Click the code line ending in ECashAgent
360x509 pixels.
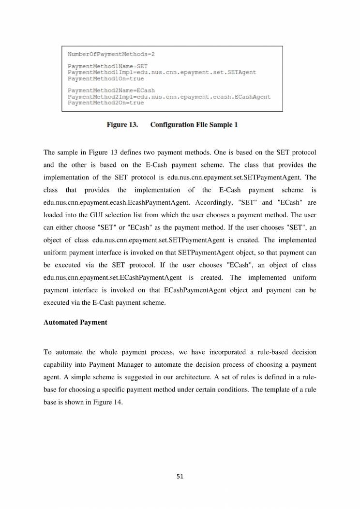tap(169, 97)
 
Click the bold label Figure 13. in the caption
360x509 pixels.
tap(122, 125)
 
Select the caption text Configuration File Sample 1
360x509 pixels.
tap(194, 125)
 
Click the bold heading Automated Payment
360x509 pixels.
tap(75, 322)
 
